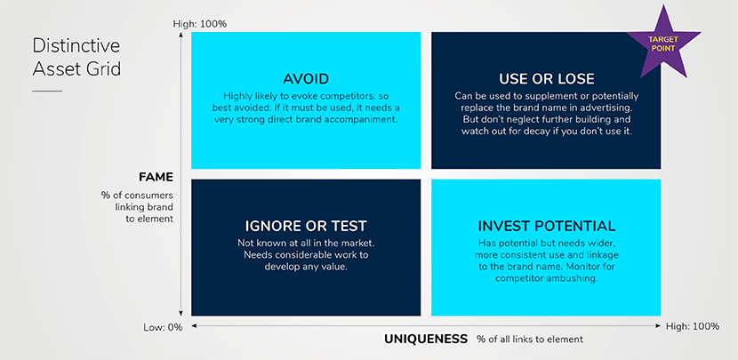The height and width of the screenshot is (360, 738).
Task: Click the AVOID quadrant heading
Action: tap(306, 78)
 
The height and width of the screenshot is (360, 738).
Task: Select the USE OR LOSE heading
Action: tap(546, 78)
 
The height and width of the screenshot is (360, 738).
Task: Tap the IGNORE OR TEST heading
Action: tap(306, 226)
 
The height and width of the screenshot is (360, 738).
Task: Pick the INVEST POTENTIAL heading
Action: tap(547, 226)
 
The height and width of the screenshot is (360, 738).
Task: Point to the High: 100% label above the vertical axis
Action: tap(199, 23)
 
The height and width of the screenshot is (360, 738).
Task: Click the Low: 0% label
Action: tap(163, 327)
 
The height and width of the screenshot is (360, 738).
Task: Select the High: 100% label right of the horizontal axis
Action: tap(693, 326)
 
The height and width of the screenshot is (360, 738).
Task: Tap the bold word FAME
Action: tap(156, 178)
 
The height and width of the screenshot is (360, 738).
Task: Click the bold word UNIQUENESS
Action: tap(426, 339)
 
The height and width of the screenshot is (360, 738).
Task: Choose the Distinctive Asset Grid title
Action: tap(76, 58)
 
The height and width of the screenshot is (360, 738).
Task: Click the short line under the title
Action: tap(47, 91)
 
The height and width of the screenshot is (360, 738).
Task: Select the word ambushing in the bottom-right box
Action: tap(576, 278)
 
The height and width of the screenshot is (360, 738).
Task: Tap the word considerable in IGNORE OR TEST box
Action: tap(304, 255)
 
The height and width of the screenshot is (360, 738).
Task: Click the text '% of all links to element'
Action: tap(530, 339)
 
